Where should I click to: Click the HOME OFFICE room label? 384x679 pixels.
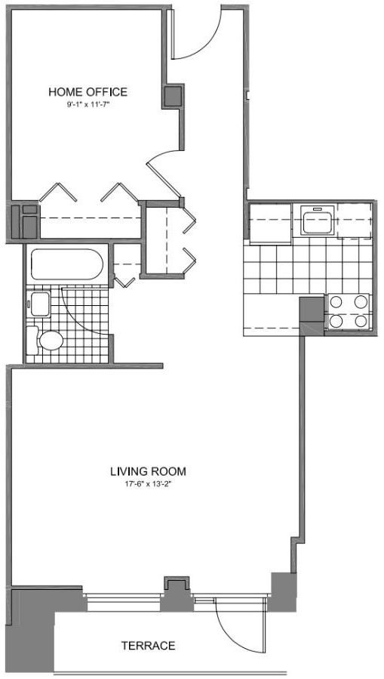coord(88,92)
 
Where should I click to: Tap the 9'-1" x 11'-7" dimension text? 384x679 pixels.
coord(88,104)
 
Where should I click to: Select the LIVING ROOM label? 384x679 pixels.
coord(148,471)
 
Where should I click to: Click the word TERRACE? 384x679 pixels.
coord(149,646)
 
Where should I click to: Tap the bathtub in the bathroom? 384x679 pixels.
coord(67,264)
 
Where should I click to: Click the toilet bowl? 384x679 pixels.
coord(51,341)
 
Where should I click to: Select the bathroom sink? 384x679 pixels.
coord(40,304)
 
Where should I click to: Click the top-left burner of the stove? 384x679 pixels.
coord(336,301)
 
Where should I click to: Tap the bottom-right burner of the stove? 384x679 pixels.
coord(361,321)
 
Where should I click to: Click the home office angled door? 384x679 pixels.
coord(164,178)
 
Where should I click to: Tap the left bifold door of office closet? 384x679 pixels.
coord(58,192)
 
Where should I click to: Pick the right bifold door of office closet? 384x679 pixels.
coord(119,192)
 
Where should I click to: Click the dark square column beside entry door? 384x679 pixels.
coord(174,96)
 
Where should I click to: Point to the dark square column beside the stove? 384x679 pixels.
coord(312,309)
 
